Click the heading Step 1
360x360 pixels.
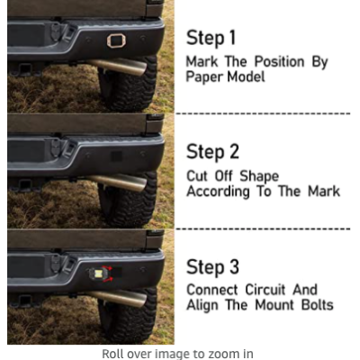(x=211, y=39)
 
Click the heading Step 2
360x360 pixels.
(x=212, y=151)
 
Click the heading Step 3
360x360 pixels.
(x=212, y=266)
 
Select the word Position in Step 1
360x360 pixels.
(x=280, y=61)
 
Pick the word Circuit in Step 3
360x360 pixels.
(x=265, y=290)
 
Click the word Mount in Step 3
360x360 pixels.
(x=274, y=305)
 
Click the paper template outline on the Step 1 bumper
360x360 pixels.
(x=108, y=40)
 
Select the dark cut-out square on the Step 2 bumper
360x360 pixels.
(x=116, y=156)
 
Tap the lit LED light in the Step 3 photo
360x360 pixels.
(x=98, y=274)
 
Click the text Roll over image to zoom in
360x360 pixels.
(x=177, y=354)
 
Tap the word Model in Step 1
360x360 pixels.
(x=246, y=76)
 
